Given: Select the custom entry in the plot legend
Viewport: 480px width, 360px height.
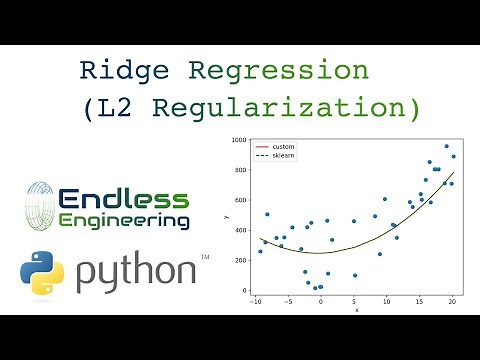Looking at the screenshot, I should pos(283,147).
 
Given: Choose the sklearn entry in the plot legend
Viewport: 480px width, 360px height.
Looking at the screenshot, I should pos(284,155).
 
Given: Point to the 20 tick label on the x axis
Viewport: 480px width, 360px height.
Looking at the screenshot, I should pos(452,301).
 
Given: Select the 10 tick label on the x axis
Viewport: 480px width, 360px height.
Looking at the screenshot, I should pos(388,301).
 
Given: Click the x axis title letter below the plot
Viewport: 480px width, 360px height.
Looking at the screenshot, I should pos(356,310).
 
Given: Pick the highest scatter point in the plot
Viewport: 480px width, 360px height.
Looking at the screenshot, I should pos(446,146).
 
